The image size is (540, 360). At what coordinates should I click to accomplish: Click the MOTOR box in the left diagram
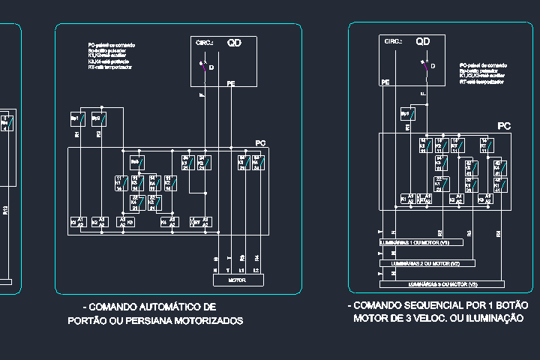[x=236, y=280]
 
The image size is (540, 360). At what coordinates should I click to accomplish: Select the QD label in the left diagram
[x=235, y=43]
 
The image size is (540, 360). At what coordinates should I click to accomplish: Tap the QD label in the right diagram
[x=423, y=41]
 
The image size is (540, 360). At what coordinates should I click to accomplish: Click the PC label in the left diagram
[x=260, y=142]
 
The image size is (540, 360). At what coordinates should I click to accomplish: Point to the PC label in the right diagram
[x=504, y=127]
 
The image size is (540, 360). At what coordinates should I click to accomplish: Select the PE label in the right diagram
[x=385, y=82]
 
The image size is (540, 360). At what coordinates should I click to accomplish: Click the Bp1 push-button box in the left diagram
[x=76, y=119]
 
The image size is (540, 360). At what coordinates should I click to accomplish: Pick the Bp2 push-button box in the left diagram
[x=98, y=119]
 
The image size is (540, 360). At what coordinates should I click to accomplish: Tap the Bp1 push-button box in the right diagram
[x=407, y=114]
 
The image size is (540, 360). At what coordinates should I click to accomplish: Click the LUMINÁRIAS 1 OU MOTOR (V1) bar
[x=421, y=242]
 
